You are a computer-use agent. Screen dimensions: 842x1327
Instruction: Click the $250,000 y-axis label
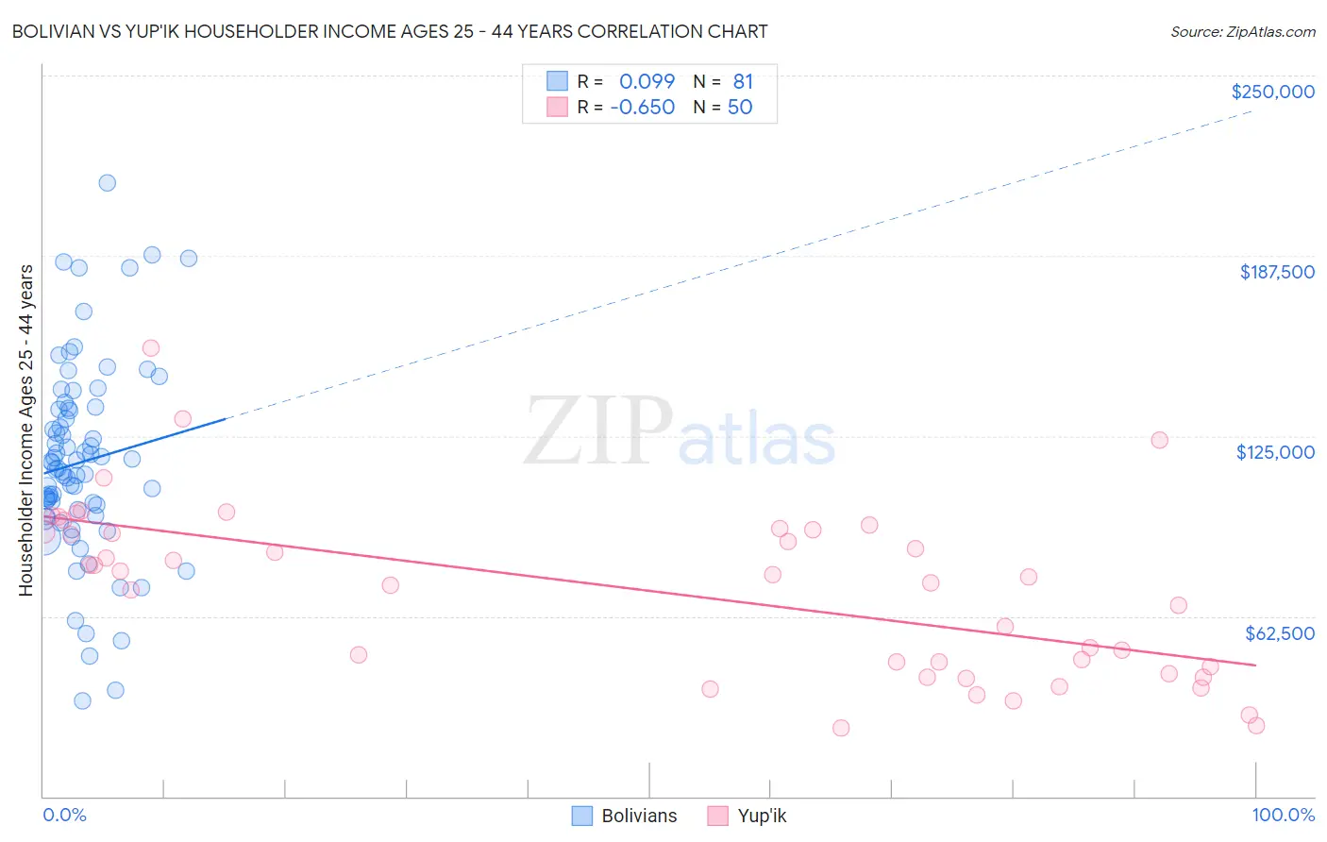(1272, 92)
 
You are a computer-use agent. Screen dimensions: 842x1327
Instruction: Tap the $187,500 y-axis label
(1277, 272)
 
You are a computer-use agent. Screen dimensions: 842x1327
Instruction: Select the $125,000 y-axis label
(1275, 452)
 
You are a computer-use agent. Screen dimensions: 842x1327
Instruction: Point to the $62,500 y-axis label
(1280, 633)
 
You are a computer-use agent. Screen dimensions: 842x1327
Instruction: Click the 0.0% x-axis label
(64, 815)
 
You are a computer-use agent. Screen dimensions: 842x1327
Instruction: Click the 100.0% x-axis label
(1283, 815)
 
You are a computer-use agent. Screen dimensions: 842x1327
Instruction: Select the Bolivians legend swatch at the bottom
(582, 816)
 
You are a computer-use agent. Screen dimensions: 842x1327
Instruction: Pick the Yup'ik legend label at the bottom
(762, 816)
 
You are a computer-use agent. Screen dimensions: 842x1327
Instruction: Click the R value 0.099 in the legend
(647, 82)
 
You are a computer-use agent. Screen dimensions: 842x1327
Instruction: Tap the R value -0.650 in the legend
(642, 108)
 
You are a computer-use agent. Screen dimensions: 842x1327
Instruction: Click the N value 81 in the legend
(743, 82)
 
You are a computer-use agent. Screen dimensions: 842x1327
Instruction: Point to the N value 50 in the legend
(740, 108)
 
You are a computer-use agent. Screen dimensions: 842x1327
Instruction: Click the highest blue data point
(108, 183)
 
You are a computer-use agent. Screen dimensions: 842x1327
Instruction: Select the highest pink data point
(150, 348)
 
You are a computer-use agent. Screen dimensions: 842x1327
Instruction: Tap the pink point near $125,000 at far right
(1159, 440)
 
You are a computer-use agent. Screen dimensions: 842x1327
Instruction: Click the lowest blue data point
(83, 700)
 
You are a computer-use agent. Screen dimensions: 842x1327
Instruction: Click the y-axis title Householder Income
(25, 429)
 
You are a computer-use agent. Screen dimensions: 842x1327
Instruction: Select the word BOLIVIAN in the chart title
(56, 32)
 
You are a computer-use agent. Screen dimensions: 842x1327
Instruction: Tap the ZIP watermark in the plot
(598, 431)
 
